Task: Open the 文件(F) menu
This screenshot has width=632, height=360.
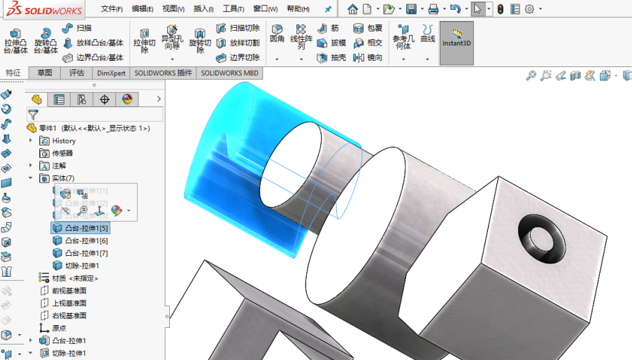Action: pos(111,9)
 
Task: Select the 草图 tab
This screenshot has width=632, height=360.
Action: pos(45,73)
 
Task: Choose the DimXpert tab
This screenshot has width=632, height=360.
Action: pos(112,73)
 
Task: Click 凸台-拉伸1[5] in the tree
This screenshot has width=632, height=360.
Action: pos(86,228)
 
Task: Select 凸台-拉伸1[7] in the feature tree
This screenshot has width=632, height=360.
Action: pos(86,253)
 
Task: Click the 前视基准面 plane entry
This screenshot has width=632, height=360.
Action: pos(69,291)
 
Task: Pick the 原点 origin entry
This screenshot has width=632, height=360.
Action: pos(59,328)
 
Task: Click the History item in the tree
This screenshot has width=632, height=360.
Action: pos(64,141)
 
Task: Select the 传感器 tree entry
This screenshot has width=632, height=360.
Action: pos(62,153)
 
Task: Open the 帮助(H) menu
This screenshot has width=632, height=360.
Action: pos(298,9)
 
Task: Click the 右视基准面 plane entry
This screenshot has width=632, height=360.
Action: pos(69,316)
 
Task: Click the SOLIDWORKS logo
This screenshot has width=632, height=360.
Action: pos(43,9)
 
